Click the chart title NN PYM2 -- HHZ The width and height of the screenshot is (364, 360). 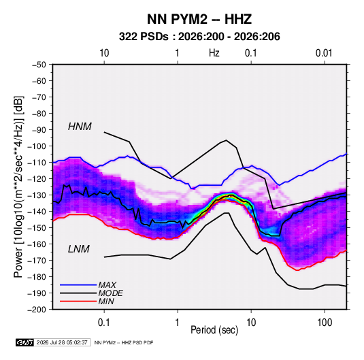tap(199, 19)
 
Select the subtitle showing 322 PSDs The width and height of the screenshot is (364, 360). tap(199, 37)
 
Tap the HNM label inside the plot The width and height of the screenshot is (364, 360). tap(80, 127)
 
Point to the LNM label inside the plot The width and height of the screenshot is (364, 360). tap(79, 249)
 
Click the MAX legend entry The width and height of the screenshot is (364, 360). tap(107, 284)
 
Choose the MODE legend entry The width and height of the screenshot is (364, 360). tap(110, 293)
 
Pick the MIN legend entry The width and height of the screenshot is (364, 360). tap(106, 301)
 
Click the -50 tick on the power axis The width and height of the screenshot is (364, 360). tap(39, 65)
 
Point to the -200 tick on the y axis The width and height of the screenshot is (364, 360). tap(37, 310)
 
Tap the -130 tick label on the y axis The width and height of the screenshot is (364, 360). tap(37, 195)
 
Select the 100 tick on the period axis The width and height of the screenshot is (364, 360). tap(325, 323)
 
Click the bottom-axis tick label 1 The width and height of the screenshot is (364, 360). tap(178, 323)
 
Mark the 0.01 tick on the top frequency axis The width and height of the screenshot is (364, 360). tap(324, 53)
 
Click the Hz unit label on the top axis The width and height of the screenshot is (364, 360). tap(214, 53)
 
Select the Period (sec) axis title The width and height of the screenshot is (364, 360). tap(214, 330)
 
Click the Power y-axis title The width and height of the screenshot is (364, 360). tap(18, 186)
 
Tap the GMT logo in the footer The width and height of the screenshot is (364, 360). tap(25, 342)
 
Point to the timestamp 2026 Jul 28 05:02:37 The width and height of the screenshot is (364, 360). tap(62, 342)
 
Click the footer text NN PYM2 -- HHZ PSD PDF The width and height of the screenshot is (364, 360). tap(124, 342)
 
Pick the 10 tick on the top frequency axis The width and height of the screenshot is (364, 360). tap(104, 53)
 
